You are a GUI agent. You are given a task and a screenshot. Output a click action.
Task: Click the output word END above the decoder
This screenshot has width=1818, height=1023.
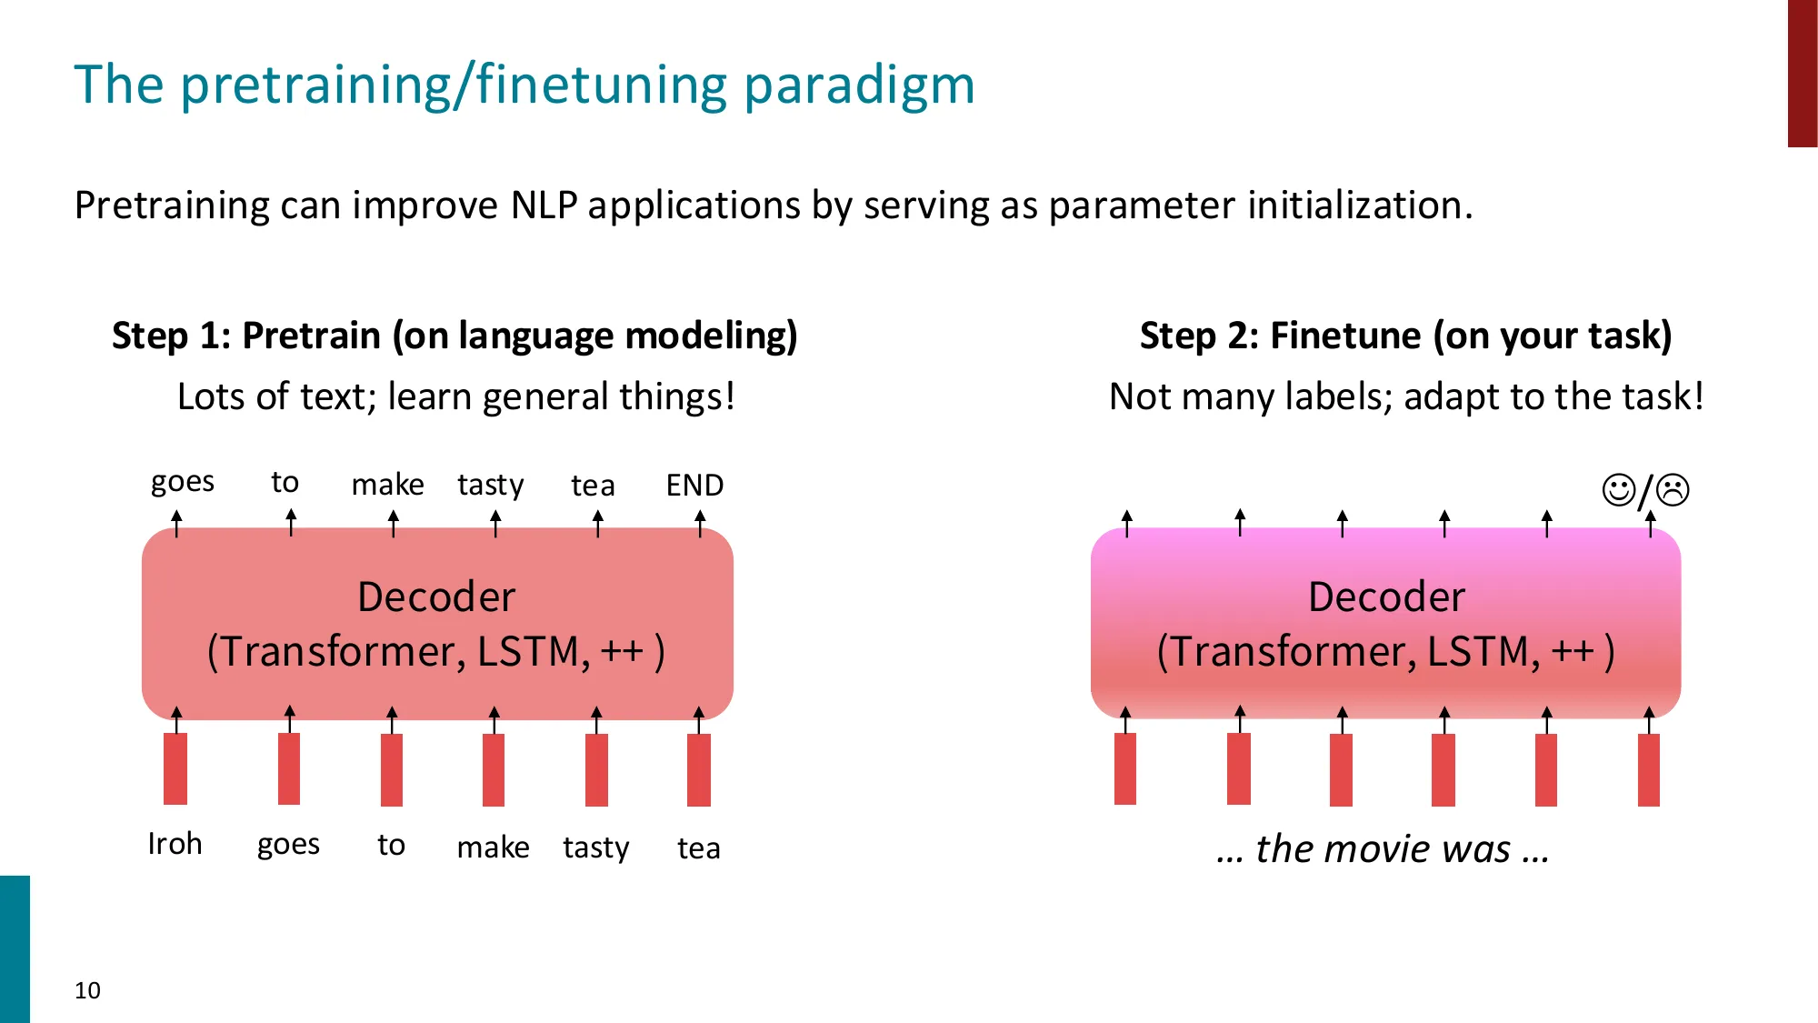tap(694, 486)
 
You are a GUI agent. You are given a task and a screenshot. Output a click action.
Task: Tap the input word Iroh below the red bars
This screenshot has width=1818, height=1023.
tap(175, 844)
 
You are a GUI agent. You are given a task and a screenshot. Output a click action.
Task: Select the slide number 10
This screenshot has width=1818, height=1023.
tap(87, 990)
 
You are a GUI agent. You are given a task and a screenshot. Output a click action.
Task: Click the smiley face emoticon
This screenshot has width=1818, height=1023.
tap(1618, 490)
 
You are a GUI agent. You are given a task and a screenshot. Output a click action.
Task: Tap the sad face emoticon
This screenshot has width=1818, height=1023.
tap(1673, 490)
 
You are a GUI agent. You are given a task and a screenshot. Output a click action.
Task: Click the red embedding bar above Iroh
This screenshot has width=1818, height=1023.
tap(175, 768)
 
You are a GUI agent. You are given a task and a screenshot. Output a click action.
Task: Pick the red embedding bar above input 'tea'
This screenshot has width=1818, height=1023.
tap(699, 769)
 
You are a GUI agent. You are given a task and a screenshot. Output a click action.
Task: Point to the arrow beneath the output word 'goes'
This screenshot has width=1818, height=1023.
tap(177, 523)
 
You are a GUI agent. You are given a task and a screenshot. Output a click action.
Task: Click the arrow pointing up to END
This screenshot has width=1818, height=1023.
tap(700, 523)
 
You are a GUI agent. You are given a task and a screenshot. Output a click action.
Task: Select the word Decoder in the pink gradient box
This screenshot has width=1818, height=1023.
tap(1386, 597)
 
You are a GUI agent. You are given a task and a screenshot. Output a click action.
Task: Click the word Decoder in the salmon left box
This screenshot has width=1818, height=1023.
tap(436, 597)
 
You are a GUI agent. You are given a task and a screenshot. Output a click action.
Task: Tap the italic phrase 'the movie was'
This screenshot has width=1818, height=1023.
tap(1383, 848)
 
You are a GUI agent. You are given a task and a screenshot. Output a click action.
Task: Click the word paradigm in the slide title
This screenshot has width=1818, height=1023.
tap(859, 85)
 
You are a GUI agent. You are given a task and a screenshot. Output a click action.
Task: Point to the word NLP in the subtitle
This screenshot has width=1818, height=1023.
tap(544, 206)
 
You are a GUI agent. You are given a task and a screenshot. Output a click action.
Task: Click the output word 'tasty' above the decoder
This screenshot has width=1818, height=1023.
tap(491, 486)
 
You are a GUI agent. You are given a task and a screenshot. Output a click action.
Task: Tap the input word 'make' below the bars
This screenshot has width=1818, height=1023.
tap(493, 847)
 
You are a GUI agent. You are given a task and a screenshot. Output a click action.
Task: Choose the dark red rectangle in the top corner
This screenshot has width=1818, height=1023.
tap(1802, 73)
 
